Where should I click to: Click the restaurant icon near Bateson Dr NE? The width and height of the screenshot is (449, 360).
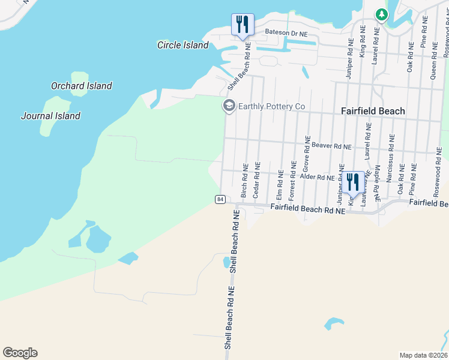point(243,25)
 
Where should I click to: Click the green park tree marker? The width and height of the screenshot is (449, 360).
point(380,14)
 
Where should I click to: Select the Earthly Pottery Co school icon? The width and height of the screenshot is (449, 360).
point(229,106)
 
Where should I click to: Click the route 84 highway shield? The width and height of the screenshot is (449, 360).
point(220,199)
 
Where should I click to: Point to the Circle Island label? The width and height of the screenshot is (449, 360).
point(182,45)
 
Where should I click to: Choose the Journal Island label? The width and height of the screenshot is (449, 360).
point(50,116)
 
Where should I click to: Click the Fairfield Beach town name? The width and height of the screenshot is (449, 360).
point(373,111)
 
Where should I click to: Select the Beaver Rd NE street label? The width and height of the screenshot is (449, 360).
point(331,146)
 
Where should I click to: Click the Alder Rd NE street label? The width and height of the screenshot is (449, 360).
point(317,178)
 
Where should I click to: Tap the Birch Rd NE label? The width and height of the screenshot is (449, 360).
point(244,179)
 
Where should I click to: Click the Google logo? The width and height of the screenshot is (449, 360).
point(20,353)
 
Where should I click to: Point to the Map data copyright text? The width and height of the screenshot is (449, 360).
point(423,355)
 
